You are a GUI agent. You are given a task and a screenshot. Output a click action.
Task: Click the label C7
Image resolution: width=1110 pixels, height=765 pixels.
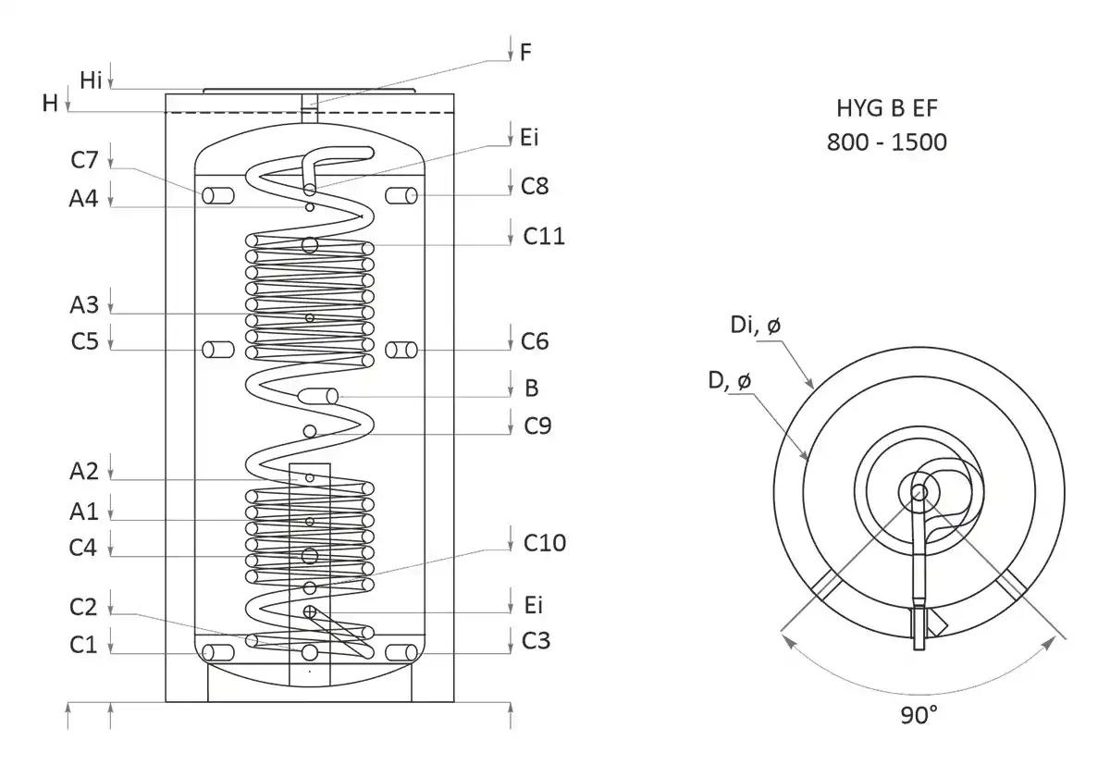tap(84, 158)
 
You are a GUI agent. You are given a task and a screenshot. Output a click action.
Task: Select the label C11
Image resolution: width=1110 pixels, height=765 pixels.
tap(544, 236)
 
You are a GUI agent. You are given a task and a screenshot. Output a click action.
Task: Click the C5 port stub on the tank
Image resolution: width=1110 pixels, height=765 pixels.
tap(219, 350)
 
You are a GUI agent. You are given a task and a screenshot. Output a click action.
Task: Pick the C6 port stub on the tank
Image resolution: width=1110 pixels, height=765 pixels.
tap(401, 350)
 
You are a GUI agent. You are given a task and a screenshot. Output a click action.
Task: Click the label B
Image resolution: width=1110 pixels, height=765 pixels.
tap(531, 388)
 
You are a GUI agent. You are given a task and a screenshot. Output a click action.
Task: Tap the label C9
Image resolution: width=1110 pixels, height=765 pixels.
tap(537, 426)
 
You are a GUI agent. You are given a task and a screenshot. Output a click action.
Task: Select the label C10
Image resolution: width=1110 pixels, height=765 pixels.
tap(544, 541)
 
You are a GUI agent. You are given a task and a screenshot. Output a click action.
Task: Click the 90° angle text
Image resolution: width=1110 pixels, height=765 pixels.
tap(919, 715)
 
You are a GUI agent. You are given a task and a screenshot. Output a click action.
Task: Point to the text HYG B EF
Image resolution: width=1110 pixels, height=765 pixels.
tap(888, 110)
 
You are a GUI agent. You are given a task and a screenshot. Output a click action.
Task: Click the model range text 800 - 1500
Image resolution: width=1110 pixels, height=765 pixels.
tap(888, 143)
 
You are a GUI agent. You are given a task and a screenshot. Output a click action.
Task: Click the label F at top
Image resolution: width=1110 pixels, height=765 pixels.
tap(525, 52)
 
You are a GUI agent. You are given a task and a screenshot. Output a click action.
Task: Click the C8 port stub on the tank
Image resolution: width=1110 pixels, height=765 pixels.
tap(401, 195)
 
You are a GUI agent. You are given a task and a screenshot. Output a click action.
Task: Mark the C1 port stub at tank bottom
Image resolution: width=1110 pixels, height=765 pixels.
tap(219, 652)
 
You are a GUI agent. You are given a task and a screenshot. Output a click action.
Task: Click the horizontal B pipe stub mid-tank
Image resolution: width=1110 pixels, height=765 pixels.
tap(318, 396)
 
